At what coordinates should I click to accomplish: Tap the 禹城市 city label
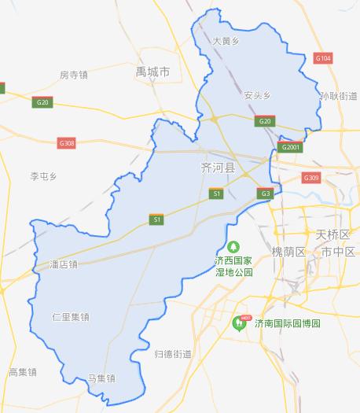tap(152, 72)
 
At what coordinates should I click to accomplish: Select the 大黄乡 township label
tap(226, 39)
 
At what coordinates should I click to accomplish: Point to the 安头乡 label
tap(257, 95)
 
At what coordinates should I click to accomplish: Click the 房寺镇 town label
tap(73, 76)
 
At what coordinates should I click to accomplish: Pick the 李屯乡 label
tap(44, 175)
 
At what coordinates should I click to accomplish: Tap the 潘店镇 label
tap(64, 264)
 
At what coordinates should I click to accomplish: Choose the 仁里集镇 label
tap(71, 317)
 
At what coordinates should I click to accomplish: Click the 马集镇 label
tap(101, 378)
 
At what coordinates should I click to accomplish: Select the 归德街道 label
tap(173, 354)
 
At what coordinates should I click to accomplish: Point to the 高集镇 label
tap(22, 371)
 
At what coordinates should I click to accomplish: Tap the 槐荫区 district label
tap(288, 252)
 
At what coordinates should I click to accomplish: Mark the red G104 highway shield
tap(322, 58)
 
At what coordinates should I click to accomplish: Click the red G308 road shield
tap(67, 142)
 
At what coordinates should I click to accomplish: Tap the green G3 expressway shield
tap(266, 193)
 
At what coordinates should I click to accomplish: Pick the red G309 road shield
tap(311, 177)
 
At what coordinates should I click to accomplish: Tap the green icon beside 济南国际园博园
tap(239, 323)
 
